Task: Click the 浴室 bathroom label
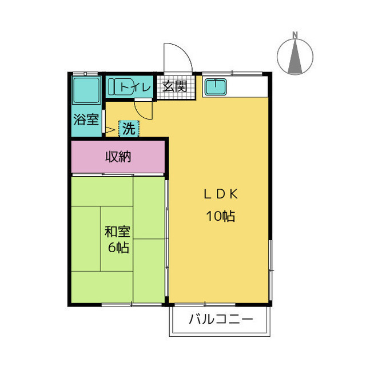click(x=86, y=121)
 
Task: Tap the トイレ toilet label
click(x=136, y=87)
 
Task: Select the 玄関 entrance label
click(x=174, y=87)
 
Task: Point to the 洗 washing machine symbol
click(x=129, y=129)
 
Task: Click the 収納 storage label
click(x=118, y=157)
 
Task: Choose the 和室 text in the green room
click(x=117, y=232)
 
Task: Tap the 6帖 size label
click(x=118, y=248)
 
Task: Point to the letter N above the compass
click(x=295, y=34)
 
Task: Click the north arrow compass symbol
click(x=295, y=56)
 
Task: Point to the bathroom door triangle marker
click(x=110, y=129)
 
